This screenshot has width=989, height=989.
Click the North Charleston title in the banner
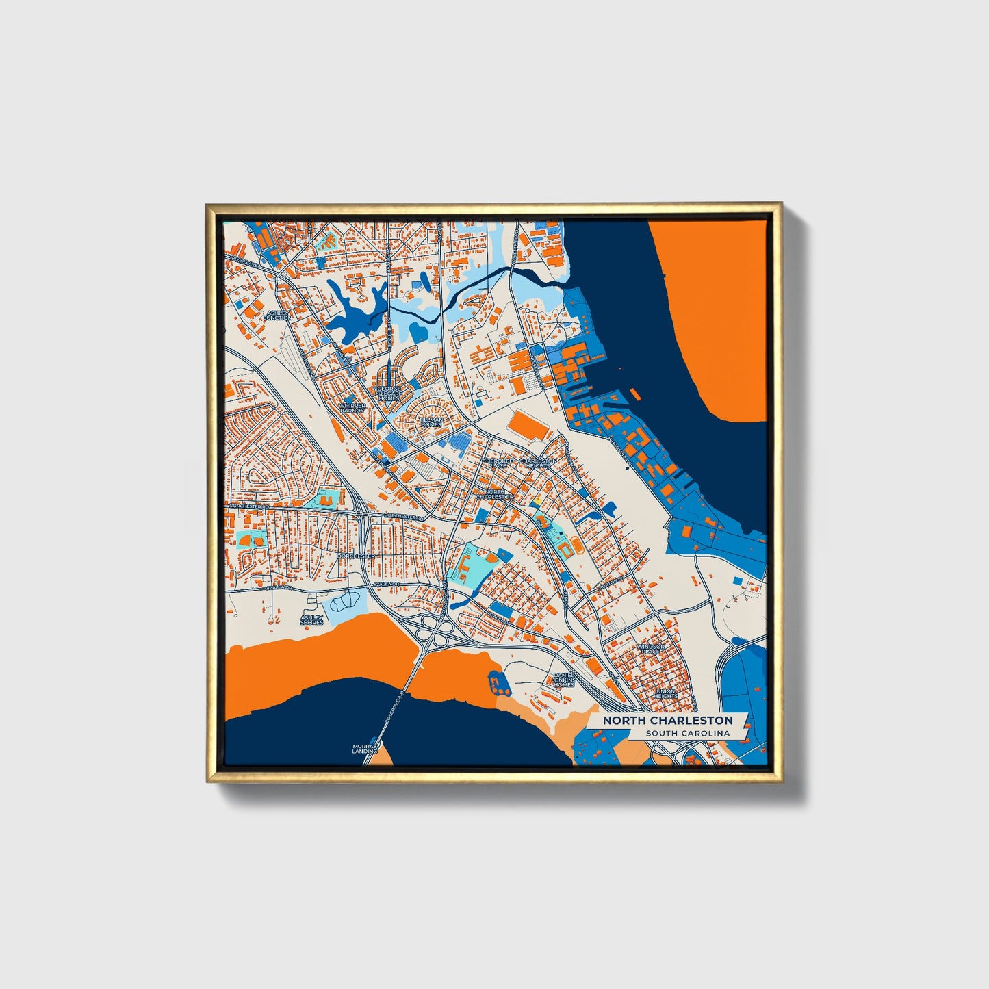(x=667, y=721)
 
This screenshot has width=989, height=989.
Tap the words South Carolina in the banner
(x=687, y=734)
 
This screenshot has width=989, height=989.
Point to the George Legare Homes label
(x=389, y=394)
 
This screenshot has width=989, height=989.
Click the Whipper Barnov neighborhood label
(x=352, y=408)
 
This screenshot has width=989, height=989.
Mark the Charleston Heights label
(x=538, y=463)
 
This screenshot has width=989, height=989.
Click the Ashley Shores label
(x=311, y=620)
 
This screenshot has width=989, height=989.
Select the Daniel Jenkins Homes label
(x=564, y=680)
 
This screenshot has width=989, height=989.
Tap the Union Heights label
(x=666, y=693)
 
